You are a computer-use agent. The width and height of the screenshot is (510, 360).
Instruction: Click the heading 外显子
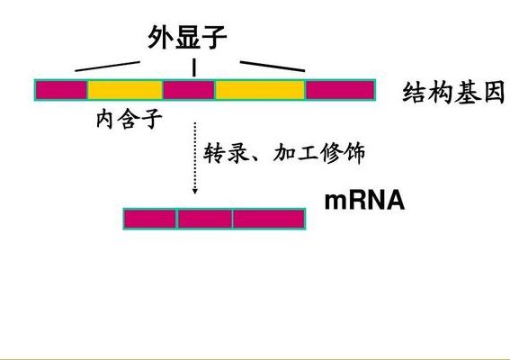coord(187,38)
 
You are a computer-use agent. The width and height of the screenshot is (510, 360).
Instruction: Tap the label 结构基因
coord(453,93)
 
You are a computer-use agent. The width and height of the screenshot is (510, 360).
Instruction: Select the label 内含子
coord(130,119)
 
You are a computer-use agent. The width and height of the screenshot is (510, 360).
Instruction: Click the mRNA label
coord(364,201)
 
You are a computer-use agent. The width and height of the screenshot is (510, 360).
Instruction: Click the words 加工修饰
coord(319,153)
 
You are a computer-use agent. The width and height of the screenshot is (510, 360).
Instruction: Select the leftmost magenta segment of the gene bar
coord(61,90)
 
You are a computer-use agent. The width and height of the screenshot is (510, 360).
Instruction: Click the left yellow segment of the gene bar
coord(125,90)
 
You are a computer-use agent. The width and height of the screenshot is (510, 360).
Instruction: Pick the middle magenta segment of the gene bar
coord(189,90)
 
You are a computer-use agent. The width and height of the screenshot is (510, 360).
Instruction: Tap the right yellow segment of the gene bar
coord(260,90)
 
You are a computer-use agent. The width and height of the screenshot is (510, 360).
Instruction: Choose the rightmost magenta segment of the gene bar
coord(340,90)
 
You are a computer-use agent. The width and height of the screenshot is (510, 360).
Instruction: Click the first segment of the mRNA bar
coord(150,219)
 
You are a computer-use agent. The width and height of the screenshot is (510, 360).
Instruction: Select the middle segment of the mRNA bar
coord(205,219)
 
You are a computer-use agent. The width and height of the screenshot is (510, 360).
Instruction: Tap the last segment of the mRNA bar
coord(269,219)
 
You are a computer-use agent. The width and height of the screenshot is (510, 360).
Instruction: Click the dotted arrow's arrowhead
coord(195,191)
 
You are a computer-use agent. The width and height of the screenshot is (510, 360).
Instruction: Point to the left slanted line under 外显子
coord(107,66)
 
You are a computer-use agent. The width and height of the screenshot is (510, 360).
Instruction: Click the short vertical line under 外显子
coord(194,67)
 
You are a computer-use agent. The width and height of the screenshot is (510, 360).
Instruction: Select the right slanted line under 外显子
coord(273,66)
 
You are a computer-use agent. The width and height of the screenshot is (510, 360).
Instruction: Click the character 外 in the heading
coord(161,38)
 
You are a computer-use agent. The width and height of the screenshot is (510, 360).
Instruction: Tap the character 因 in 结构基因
coord(494,93)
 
